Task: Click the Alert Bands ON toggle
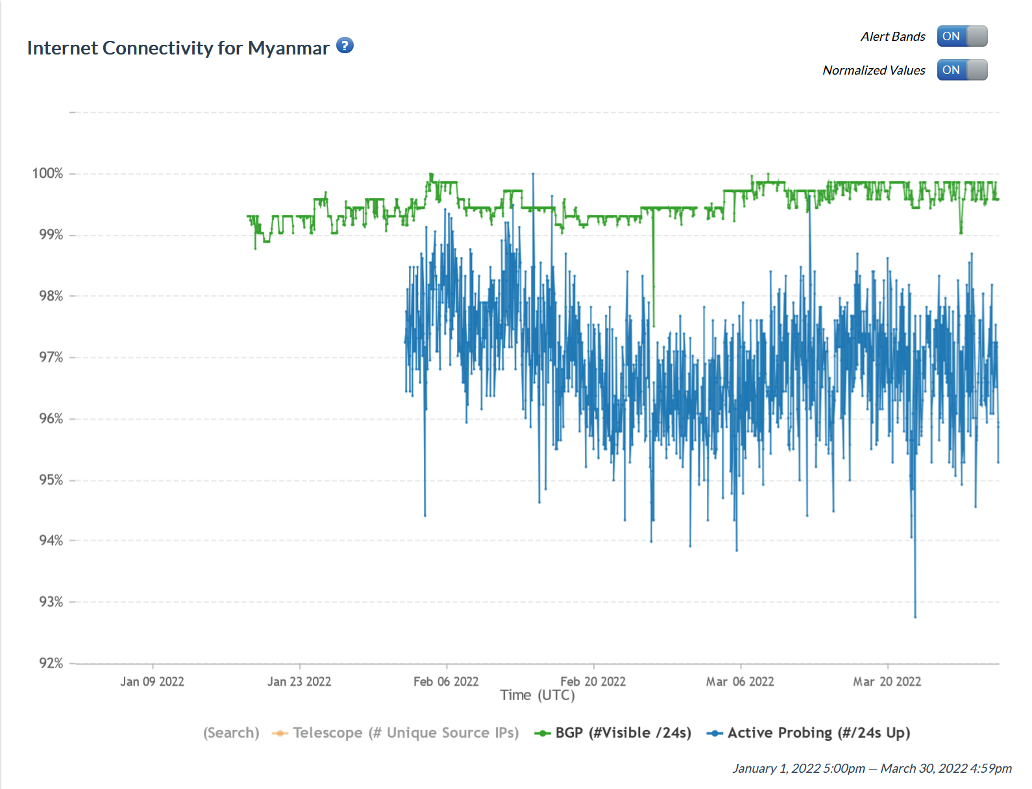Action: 961,36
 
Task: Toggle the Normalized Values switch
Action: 961,70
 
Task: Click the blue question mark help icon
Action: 345,45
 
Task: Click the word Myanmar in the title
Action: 288,48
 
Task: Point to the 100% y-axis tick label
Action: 47,173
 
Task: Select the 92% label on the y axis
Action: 51,663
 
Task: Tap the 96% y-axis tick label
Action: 51,419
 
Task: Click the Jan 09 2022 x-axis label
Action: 152,681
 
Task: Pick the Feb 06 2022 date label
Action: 446,681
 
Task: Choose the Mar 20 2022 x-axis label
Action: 887,681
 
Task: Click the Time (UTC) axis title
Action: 537,696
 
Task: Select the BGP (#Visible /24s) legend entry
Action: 613,733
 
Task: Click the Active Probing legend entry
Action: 809,733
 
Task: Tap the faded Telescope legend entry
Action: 396,733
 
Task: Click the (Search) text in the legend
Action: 231,733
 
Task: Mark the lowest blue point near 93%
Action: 915,616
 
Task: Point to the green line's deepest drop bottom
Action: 654,326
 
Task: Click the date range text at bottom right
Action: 872,768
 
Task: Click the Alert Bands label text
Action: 892,37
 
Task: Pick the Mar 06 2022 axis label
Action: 740,681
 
